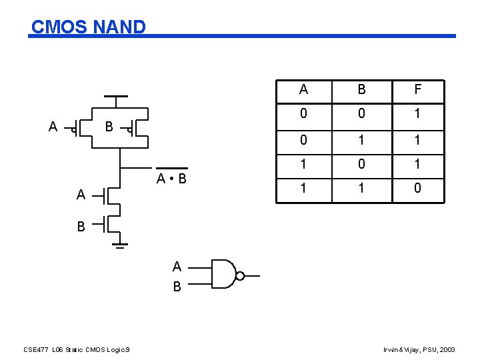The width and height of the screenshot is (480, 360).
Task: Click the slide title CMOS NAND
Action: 88,27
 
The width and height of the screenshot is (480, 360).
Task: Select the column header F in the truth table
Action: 417,90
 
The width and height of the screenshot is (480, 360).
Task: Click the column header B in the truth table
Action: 361,90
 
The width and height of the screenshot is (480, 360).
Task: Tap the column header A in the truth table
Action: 304,90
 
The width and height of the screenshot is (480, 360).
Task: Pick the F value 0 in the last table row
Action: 417,189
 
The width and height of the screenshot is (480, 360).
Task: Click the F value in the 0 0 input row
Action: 417,114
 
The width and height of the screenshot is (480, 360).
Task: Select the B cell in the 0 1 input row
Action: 361,140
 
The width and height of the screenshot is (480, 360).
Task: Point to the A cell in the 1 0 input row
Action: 304,164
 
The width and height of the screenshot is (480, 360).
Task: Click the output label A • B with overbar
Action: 171,178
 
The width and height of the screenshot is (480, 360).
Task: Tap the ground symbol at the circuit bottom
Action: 121,247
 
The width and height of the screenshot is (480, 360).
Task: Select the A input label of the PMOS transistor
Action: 53,126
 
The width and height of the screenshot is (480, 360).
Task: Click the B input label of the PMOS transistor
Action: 109,126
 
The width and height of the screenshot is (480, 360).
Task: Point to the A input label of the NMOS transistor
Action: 81,195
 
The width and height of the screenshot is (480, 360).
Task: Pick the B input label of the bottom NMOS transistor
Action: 81,227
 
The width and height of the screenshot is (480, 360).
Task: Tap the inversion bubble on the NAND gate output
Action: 241,275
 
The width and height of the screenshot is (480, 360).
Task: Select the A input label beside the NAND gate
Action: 177,267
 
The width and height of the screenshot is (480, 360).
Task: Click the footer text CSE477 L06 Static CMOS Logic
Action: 77,349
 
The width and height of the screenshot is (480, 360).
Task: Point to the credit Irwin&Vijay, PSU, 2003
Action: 419,349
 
